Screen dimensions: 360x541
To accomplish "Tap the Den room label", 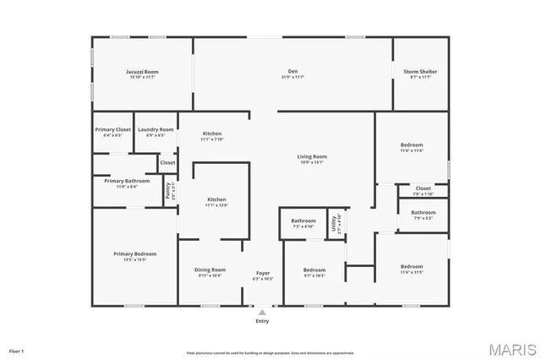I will (x=292, y=72).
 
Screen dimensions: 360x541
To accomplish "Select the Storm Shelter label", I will (x=419, y=72).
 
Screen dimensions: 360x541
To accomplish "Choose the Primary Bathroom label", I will (x=127, y=181).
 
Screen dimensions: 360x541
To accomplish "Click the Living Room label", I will (x=311, y=156).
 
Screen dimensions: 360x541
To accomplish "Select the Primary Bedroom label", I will (x=135, y=254).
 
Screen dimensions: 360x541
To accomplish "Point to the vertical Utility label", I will (x=335, y=222).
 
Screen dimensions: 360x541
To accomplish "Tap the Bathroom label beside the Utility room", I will (x=303, y=221).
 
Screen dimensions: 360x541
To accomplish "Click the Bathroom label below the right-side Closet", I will (x=424, y=212).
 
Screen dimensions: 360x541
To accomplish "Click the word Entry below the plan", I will (x=262, y=321).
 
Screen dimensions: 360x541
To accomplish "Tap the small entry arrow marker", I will (x=262, y=312).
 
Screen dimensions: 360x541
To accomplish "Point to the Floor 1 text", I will (x=17, y=350).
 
